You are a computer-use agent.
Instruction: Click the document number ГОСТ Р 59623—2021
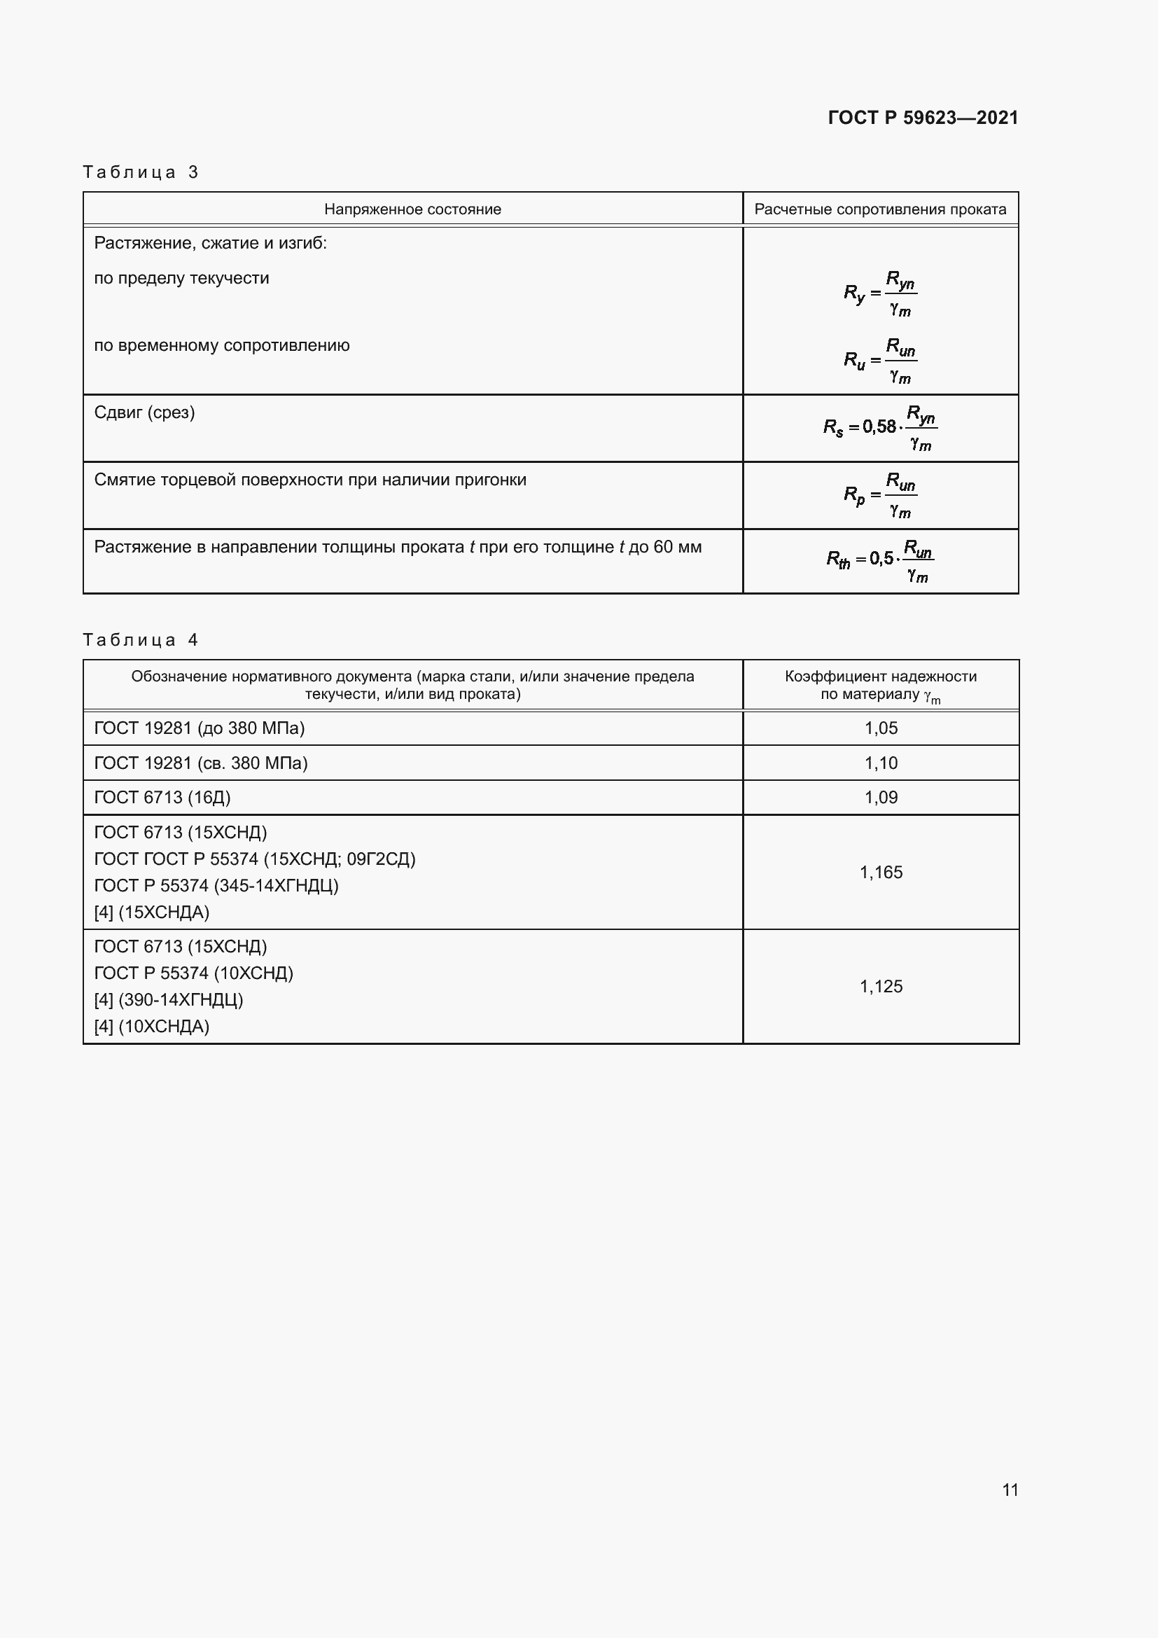tap(923, 118)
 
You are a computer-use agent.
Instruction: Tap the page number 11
tap(1010, 1490)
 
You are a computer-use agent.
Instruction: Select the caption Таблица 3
tap(141, 172)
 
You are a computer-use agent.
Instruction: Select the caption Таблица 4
tap(141, 639)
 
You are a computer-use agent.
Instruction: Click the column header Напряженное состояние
tap(412, 209)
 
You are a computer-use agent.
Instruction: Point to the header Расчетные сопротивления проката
tap(880, 209)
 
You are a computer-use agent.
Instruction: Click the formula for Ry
tap(880, 293)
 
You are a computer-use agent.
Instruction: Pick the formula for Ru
tap(880, 360)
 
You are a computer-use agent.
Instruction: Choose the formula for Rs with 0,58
tap(880, 427)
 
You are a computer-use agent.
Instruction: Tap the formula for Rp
tap(880, 494)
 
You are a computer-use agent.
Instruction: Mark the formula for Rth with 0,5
tap(880, 561)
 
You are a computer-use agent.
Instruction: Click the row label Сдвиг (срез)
tap(145, 412)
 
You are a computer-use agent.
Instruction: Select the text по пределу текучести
tap(182, 278)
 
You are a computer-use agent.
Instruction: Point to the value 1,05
tap(881, 728)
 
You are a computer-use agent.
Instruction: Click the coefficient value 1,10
tap(881, 763)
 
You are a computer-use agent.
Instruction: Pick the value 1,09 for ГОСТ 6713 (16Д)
tap(881, 797)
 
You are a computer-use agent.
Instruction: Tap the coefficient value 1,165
tap(881, 872)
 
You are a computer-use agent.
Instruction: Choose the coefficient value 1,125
tap(881, 986)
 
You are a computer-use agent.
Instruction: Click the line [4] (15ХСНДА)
tap(152, 912)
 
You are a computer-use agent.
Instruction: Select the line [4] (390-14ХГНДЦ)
tap(169, 999)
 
